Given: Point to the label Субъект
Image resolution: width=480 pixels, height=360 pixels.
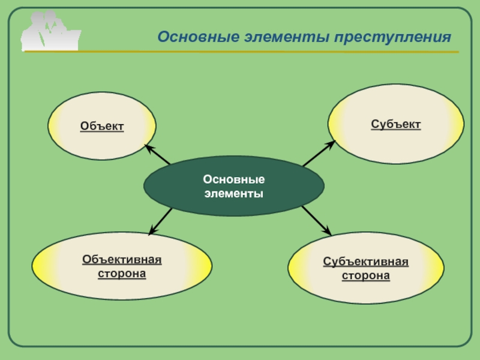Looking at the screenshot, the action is [395, 124].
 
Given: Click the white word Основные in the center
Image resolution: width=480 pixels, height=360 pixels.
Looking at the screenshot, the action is [233, 180].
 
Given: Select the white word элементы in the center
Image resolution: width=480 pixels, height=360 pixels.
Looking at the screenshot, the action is [233, 194].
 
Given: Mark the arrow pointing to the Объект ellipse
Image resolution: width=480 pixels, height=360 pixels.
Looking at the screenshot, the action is [157, 154].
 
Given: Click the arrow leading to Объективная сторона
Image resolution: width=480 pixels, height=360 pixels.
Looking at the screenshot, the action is [160, 221].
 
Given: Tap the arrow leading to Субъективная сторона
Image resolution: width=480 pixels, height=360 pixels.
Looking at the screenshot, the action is [316, 220].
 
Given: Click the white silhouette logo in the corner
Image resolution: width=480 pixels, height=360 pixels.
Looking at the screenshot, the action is [50, 31].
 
